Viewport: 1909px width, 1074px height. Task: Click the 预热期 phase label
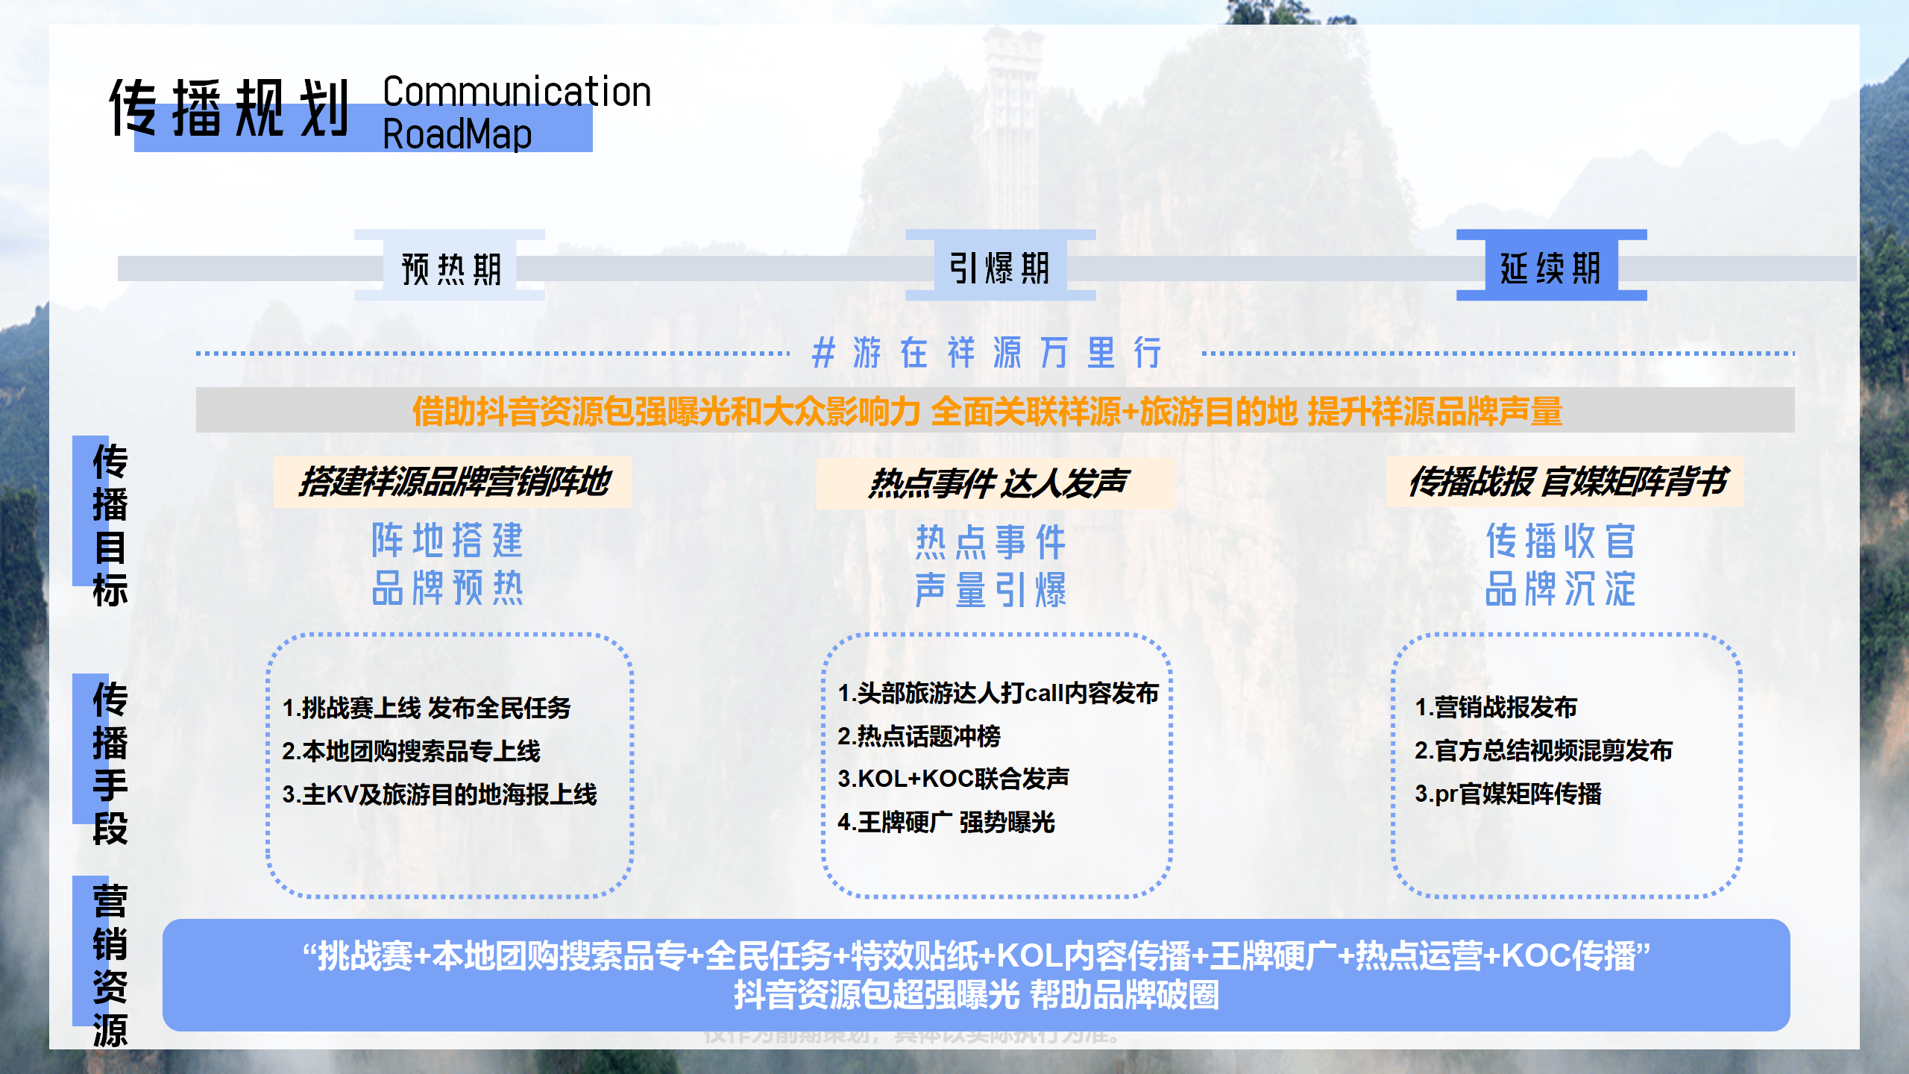(450, 268)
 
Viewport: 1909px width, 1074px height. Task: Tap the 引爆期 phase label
(1000, 268)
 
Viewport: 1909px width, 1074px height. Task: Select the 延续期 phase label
(1551, 268)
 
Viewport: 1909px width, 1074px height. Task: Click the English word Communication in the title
(517, 92)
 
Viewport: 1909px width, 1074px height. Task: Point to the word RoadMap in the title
(457, 135)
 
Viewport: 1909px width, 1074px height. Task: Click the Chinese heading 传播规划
(230, 109)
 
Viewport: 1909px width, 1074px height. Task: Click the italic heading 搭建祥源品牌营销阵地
(453, 482)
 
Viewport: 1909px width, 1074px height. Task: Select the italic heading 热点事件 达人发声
(997, 483)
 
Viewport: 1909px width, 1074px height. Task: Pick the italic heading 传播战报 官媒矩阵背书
(1566, 482)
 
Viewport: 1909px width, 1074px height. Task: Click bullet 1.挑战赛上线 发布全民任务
(427, 707)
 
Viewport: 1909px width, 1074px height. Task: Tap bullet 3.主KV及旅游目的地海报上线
(439, 794)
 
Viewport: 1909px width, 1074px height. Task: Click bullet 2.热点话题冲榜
(919, 736)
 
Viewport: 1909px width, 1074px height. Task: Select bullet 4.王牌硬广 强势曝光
(946, 822)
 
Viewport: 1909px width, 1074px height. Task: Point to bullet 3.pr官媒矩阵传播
(1508, 794)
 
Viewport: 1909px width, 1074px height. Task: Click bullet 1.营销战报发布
(1496, 707)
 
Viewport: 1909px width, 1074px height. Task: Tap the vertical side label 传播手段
(110, 762)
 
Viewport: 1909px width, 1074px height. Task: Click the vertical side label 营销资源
(110, 965)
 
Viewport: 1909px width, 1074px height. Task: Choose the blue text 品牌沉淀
(1560, 589)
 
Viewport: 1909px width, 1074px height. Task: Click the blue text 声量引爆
(991, 590)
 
